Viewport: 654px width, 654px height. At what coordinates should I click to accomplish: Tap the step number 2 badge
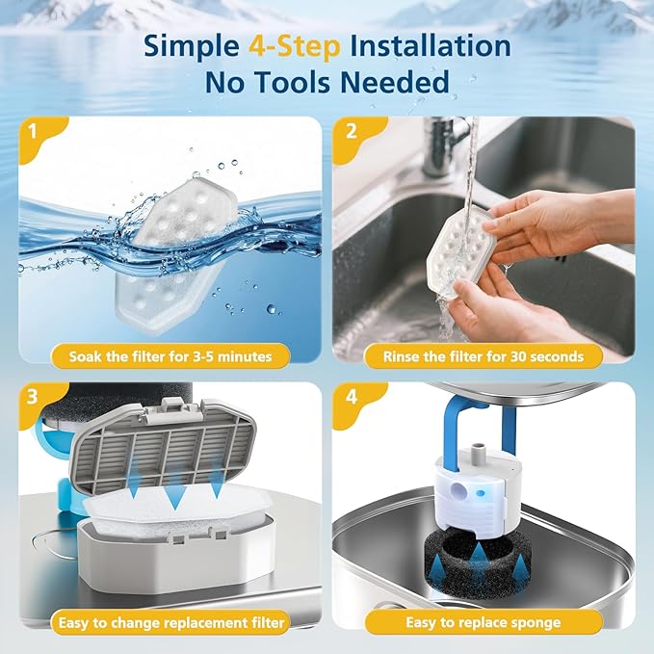coord(350,132)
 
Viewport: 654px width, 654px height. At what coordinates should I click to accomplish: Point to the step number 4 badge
coord(350,398)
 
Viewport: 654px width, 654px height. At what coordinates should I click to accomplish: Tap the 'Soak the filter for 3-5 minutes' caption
coord(170,356)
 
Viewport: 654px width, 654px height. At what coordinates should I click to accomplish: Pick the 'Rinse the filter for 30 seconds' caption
coord(484,356)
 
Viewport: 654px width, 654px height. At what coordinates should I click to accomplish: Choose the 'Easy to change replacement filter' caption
coord(170,621)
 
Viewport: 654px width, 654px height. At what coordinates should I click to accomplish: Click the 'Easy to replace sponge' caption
coord(484,621)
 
